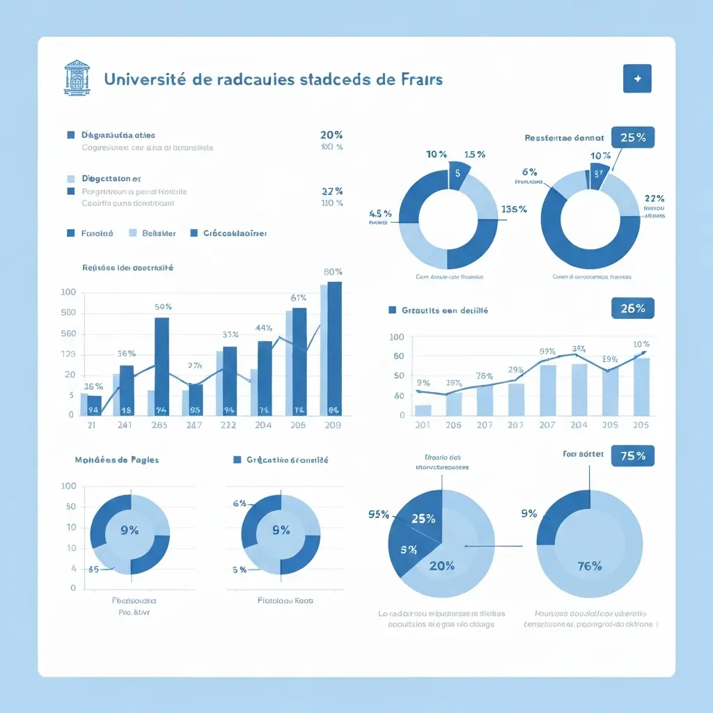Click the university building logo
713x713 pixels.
point(77,77)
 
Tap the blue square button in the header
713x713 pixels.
point(636,79)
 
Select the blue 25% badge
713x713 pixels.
point(632,137)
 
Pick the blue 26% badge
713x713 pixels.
point(632,308)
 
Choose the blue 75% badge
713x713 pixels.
point(632,456)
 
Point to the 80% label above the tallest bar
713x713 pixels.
point(333,272)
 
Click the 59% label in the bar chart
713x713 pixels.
point(163,307)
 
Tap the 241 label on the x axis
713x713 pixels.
point(125,425)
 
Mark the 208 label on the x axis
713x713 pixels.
point(333,425)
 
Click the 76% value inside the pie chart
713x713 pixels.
point(589,566)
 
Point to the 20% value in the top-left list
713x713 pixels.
point(331,135)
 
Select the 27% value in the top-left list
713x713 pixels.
point(331,191)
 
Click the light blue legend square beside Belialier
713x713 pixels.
point(134,233)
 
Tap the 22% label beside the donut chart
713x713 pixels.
point(654,198)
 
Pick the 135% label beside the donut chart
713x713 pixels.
point(513,209)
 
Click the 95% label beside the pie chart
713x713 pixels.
point(378,515)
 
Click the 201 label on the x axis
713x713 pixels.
point(422,425)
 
